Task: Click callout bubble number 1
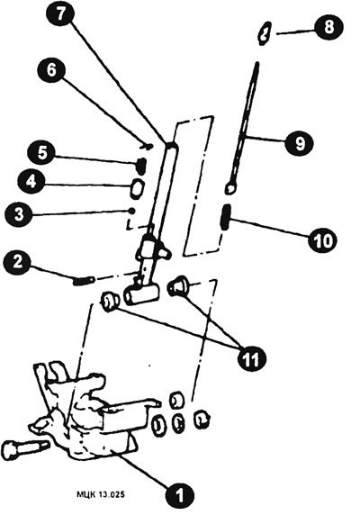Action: click(179, 494)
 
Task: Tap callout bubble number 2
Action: click(18, 263)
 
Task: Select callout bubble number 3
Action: click(19, 215)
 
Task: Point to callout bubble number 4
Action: click(31, 182)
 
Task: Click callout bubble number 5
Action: click(41, 154)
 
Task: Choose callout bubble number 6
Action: click(51, 70)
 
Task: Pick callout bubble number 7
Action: click(60, 15)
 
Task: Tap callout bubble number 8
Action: click(329, 27)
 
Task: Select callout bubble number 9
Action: click(300, 144)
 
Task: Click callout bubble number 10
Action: click(322, 240)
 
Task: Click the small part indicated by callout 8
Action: click(265, 33)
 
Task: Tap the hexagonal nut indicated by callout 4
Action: click(137, 188)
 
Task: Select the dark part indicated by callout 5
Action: click(141, 166)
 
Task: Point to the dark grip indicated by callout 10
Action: click(226, 216)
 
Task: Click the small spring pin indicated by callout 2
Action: click(84, 281)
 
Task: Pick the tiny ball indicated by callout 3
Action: click(132, 211)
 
